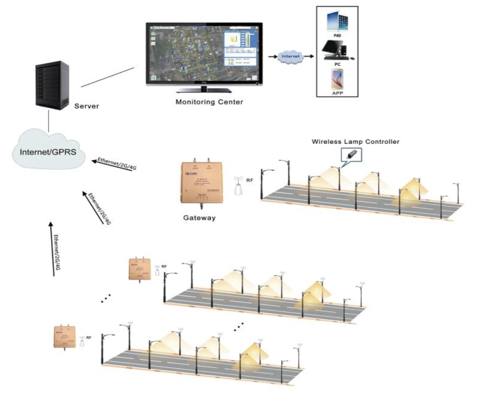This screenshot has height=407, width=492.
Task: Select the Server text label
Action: pos(87,106)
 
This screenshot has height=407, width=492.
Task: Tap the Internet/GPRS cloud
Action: pos(48,151)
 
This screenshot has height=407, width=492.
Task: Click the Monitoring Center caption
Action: pos(209,102)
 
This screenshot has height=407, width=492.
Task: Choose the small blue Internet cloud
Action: pos(290,57)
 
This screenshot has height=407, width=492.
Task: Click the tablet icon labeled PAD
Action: pos(337,22)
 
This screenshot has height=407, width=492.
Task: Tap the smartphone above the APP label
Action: pos(337,79)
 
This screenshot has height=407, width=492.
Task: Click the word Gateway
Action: pos(199,218)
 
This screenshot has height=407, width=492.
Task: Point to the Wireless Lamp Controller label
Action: pos(355,141)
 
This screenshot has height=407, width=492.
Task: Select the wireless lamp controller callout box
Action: pos(351,155)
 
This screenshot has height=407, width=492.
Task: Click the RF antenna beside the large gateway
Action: pos(239,186)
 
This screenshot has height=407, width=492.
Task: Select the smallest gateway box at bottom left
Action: pos(65,337)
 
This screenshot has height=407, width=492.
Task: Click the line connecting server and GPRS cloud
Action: pos(49,121)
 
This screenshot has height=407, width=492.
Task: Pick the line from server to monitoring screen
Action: pos(108,77)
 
